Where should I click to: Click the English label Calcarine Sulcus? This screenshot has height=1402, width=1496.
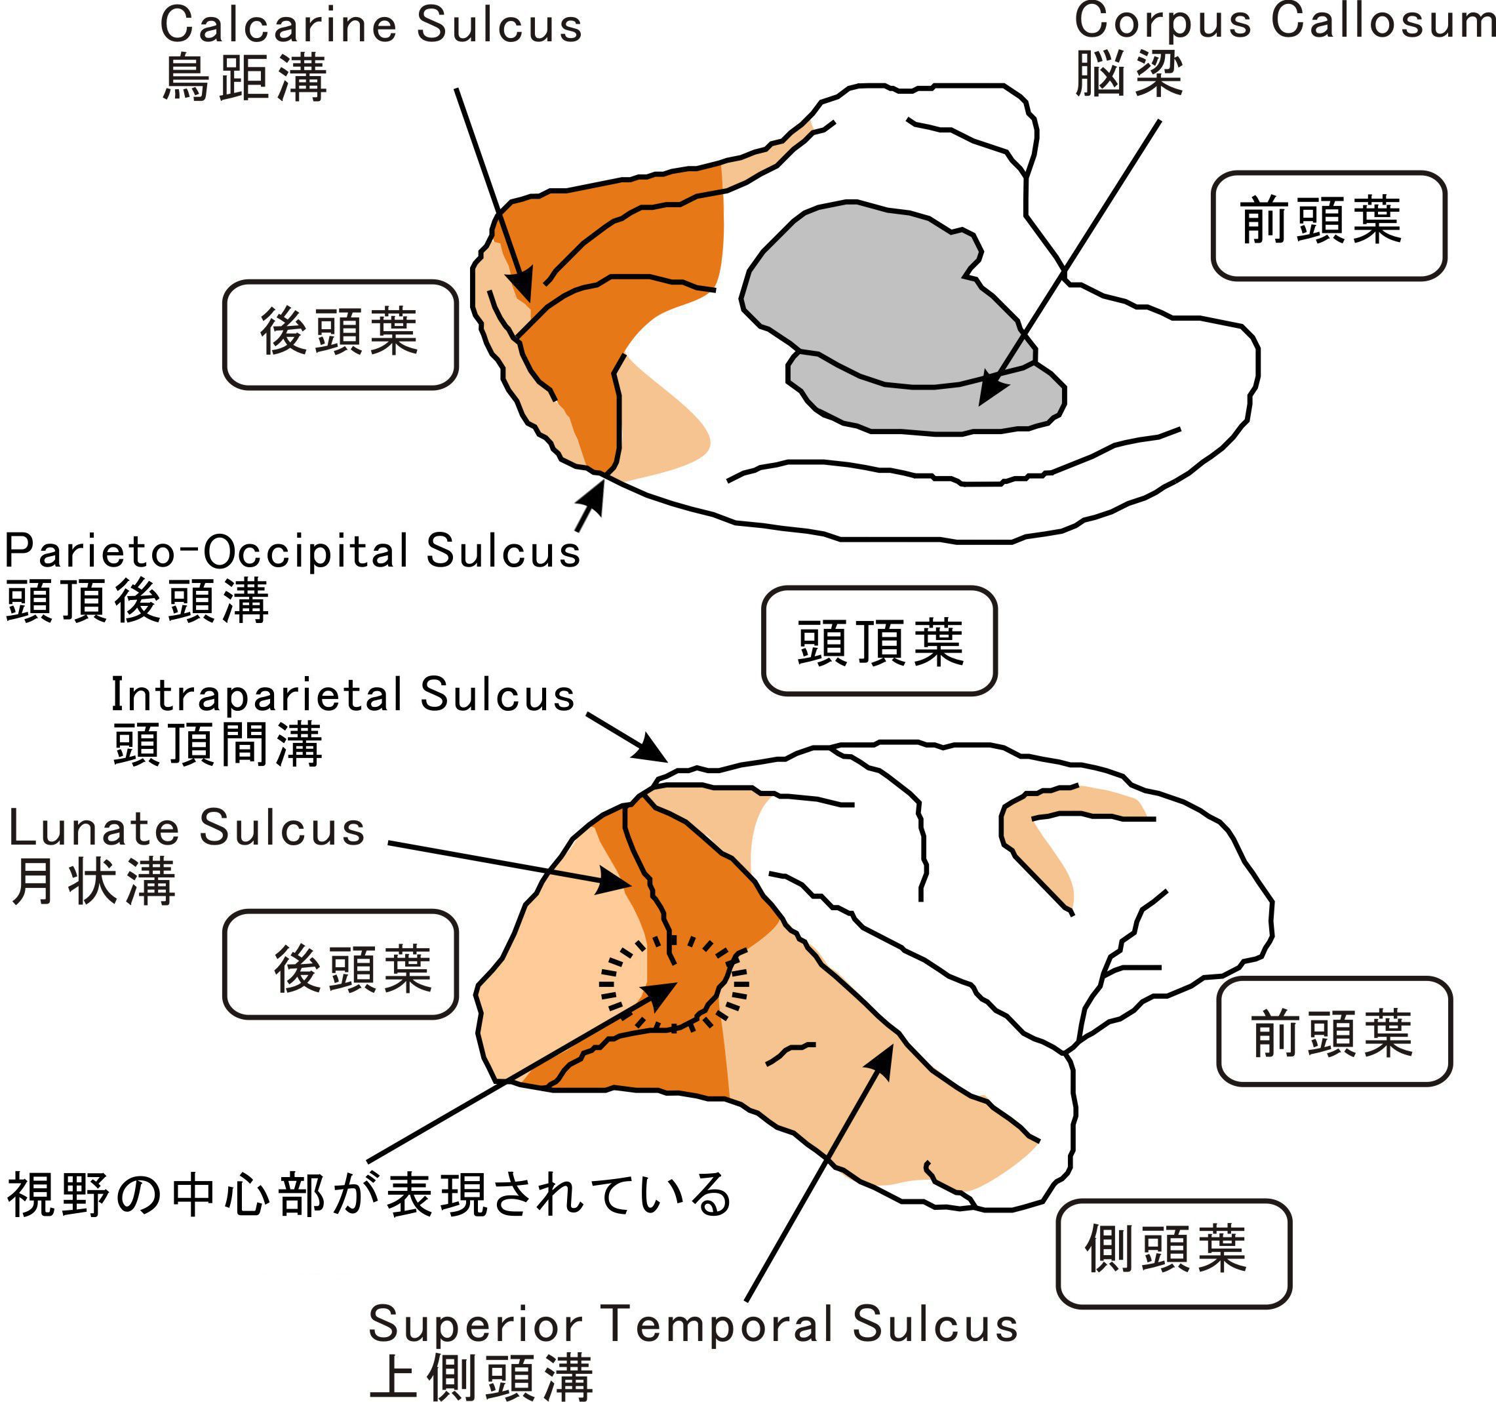[371, 25]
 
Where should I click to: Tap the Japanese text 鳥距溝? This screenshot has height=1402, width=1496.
[245, 77]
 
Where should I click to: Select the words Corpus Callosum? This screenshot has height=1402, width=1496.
[1284, 21]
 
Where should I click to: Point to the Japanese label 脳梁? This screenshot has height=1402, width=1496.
[1129, 73]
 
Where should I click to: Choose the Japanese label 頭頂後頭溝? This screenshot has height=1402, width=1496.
[137, 601]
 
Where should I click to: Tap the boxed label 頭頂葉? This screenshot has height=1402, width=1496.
[879, 641]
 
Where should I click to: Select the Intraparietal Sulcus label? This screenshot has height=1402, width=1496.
[343, 694]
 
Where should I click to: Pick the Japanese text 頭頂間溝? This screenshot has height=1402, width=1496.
[218, 744]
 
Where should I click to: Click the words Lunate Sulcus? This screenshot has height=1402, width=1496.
[187, 829]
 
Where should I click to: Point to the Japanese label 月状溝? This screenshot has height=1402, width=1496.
[94, 881]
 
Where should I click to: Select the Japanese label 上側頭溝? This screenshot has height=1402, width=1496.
[482, 1376]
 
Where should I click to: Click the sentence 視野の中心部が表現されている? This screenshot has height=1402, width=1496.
[368, 1194]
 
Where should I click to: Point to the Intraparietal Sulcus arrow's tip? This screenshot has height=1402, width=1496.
[663, 760]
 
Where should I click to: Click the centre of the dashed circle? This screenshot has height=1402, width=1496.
[673, 982]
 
